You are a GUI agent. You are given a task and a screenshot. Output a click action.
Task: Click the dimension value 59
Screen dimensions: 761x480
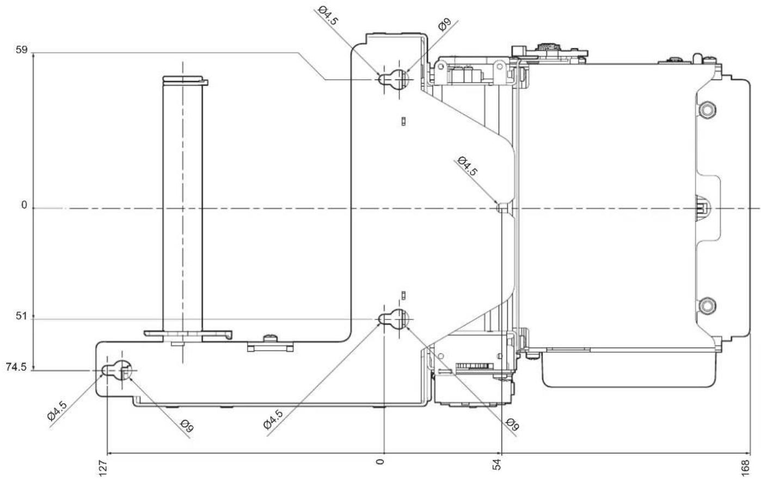[21, 50]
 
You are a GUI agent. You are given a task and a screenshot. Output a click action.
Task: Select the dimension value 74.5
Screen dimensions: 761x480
[16, 367]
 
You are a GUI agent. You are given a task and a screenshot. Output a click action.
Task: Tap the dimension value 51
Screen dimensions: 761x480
[21, 316]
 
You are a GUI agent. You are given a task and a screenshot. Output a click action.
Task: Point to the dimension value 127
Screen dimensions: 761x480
[102, 467]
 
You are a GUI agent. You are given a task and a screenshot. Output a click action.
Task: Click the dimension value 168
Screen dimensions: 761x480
[745, 467]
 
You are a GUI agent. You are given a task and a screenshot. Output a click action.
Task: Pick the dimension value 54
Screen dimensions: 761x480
[496, 464]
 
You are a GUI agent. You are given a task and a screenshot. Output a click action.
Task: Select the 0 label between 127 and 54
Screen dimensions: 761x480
[380, 461]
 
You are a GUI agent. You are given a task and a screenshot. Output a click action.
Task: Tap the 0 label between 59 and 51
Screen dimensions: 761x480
[24, 205]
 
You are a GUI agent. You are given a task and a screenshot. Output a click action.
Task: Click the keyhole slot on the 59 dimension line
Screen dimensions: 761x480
[394, 79]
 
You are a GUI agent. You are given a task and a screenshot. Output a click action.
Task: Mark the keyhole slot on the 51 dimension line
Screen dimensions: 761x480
[394, 319]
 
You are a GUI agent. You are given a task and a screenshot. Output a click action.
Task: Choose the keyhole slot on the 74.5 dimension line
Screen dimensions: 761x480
[117, 370]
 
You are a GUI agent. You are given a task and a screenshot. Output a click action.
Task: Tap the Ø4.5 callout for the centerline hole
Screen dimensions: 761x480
[468, 166]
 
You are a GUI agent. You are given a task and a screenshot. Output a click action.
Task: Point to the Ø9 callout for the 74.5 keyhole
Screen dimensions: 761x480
[187, 426]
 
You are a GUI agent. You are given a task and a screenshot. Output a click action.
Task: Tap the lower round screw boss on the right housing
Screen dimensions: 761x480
[707, 305]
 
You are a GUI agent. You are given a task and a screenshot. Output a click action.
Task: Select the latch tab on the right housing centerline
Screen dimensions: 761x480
[702, 207]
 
